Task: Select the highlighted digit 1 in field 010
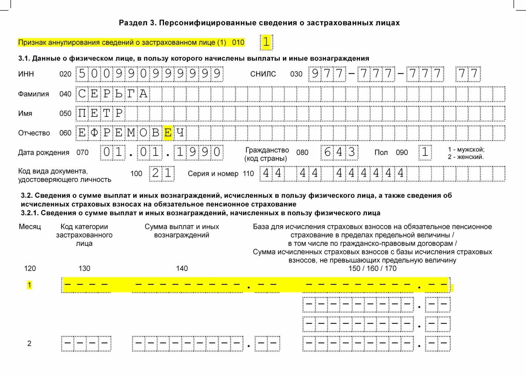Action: click(x=266, y=42)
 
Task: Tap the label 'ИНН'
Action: click(x=26, y=74)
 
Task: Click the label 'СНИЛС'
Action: click(x=263, y=74)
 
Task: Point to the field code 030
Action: click(x=296, y=74)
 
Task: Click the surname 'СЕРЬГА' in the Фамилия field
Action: click(x=113, y=94)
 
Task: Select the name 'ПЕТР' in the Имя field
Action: click(x=100, y=113)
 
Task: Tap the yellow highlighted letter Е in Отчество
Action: click(x=168, y=133)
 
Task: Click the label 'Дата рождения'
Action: click(x=43, y=153)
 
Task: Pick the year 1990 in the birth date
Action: click(x=198, y=152)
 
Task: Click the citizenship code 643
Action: click(x=339, y=152)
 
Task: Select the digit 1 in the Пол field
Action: click(x=425, y=152)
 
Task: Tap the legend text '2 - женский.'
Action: click(x=466, y=157)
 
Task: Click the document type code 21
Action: click(x=162, y=173)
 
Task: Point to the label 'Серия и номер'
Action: click(x=213, y=174)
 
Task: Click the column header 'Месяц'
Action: click(x=30, y=227)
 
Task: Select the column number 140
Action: click(x=182, y=268)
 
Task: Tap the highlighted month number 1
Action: click(x=29, y=285)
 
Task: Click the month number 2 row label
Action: click(x=29, y=343)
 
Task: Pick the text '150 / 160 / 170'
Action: click(x=372, y=268)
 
